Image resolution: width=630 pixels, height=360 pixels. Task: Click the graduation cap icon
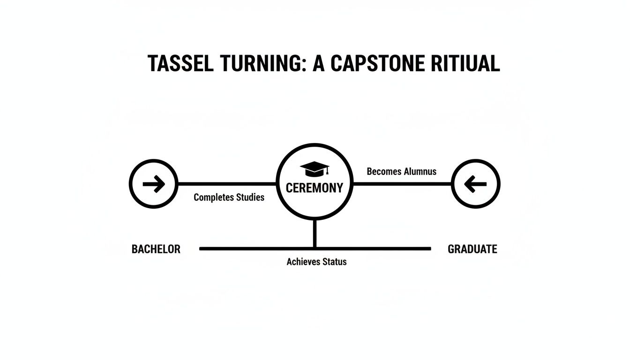(x=315, y=169)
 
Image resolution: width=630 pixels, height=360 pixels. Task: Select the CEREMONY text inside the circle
(x=315, y=188)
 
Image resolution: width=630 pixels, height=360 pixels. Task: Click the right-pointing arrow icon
(x=154, y=184)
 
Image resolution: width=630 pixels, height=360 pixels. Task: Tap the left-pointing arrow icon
(x=475, y=184)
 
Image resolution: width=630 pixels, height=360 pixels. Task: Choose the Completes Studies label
(x=229, y=197)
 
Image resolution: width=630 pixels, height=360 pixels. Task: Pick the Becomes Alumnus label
(x=401, y=172)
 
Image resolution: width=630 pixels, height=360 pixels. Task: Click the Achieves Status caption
(x=316, y=262)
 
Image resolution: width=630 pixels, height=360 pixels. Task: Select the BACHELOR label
(x=156, y=249)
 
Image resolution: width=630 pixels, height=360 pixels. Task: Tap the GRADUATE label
(x=472, y=249)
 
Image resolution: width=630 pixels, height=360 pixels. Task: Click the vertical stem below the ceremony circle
(x=315, y=233)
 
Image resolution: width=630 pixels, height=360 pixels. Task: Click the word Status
(x=332, y=262)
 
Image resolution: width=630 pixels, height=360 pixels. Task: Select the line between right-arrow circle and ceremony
(x=227, y=184)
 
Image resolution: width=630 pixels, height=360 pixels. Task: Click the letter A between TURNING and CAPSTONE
(x=318, y=63)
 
